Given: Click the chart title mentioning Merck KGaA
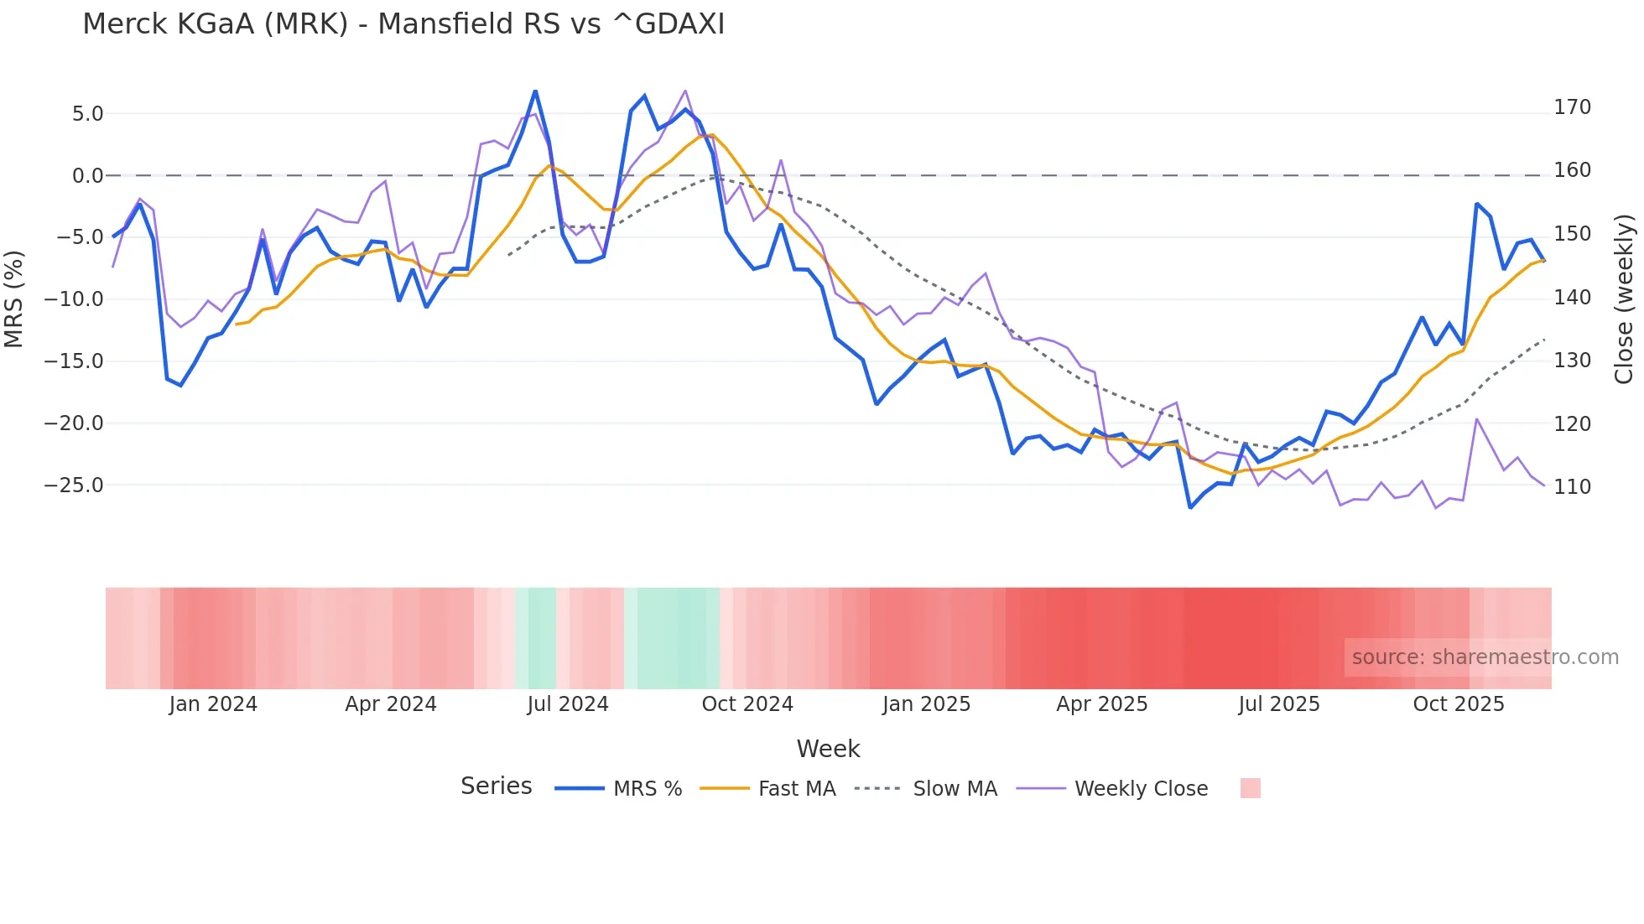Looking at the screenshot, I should point(403,24).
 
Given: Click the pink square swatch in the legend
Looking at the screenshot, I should point(1250,788).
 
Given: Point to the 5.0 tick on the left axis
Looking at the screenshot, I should point(87,114).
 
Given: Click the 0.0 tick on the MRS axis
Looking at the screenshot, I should point(87,176).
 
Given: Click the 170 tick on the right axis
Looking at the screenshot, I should point(1572,107).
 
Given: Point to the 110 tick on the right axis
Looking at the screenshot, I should point(1572,487).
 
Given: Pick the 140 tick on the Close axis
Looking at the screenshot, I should point(1572,298).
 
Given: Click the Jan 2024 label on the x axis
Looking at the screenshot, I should point(213,704).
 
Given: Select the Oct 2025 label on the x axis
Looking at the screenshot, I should point(1459,704).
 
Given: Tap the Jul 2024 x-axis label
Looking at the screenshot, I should point(568,704).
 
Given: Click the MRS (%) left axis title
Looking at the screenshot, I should point(14,299).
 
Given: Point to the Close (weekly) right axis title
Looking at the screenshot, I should point(1625,299).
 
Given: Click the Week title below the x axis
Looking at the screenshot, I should point(828,749).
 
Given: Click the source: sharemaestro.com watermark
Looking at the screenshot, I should point(1485,657).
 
